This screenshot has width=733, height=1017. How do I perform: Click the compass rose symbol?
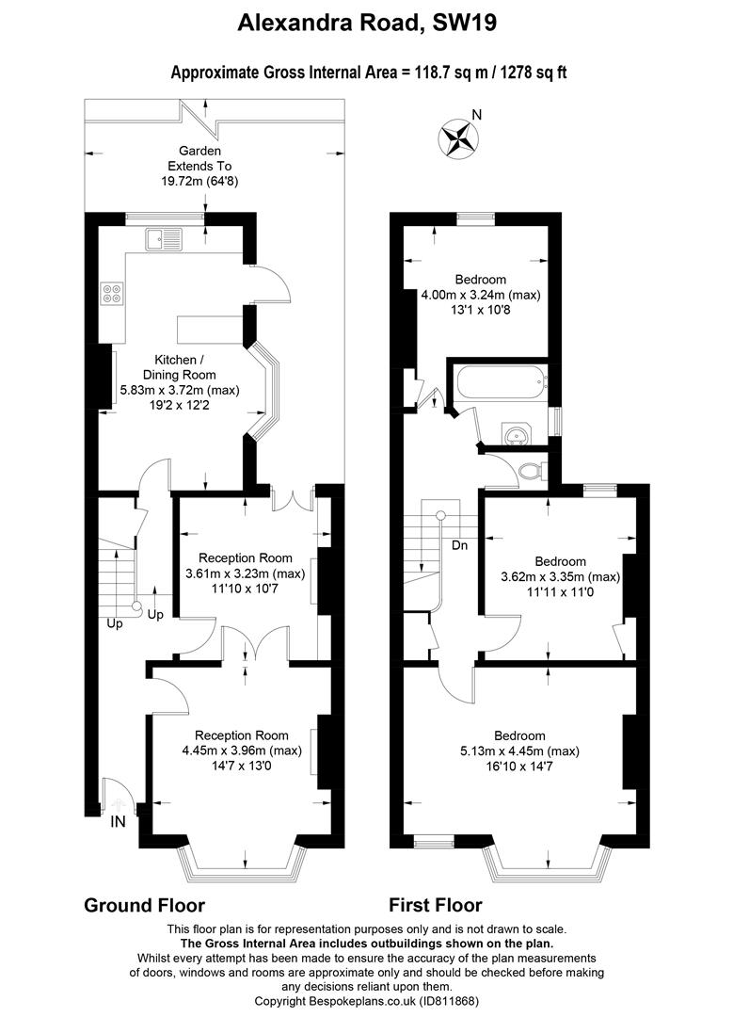pos(457,137)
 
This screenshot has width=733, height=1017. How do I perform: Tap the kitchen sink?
pos(164,238)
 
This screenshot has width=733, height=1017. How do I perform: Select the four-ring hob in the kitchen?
pos(113,293)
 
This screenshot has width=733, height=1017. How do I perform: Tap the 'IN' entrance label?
pos(118,822)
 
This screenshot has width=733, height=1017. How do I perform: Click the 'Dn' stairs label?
pos(459,545)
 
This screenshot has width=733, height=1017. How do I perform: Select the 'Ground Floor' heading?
pos(145,905)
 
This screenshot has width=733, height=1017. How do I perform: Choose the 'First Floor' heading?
pos(436,905)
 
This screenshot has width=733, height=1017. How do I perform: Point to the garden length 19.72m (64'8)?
pos(199,182)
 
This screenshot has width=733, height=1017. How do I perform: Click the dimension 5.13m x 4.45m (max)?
pos(519,751)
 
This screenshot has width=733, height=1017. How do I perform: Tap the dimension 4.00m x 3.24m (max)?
pos(481,295)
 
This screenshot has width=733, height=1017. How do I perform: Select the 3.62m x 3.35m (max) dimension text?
pos(561,576)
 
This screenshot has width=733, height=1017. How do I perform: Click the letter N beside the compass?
pos(477,115)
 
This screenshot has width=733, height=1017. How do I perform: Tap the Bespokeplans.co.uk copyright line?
pos(366,1001)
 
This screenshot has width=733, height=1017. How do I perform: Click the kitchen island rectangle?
pos(210,329)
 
